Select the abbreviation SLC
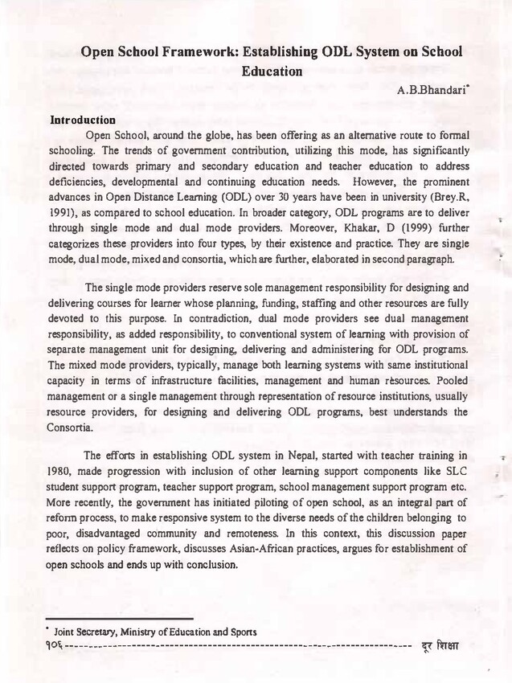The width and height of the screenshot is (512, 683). pos(455,471)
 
